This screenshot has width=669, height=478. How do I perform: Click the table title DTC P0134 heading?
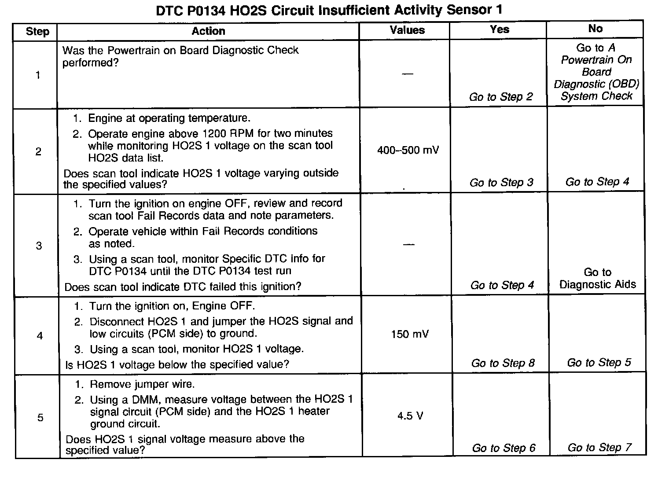(x=329, y=10)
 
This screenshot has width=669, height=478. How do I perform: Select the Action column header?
(x=208, y=31)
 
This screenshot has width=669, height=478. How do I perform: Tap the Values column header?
(x=407, y=30)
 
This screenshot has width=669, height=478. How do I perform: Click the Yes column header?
(x=500, y=29)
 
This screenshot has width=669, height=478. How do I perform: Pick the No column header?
(x=595, y=29)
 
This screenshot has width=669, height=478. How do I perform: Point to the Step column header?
(x=37, y=31)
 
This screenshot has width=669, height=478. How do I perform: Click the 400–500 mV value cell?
(x=408, y=151)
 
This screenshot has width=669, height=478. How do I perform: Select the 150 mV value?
(x=409, y=335)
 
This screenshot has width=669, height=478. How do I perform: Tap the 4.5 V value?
(x=410, y=416)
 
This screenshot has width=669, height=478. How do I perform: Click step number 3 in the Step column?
(x=39, y=246)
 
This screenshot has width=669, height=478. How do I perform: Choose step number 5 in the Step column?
(x=40, y=417)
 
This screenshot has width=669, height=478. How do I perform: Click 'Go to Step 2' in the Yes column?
(x=501, y=97)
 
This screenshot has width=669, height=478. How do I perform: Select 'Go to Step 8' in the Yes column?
(x=503, y=363)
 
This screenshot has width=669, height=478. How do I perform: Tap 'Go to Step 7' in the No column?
(x=599, y=448)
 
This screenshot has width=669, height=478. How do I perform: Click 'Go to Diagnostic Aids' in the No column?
(x=598, y=278)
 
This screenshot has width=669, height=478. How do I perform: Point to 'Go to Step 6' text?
(x=504, y=448)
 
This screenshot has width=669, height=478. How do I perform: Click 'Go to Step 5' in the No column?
(x=599, y=363)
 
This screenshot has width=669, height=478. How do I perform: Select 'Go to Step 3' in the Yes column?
(x=501, y=182)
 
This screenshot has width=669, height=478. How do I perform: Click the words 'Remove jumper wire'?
(x=142, y=384)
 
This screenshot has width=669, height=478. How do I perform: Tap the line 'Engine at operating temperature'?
(x=169, y=118)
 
